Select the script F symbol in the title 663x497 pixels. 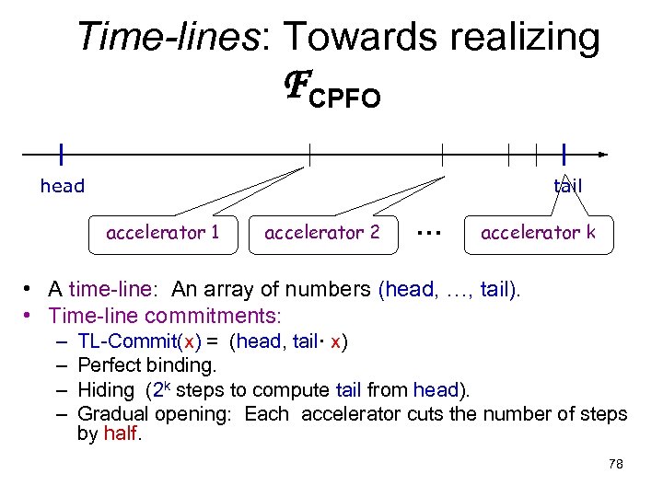(x=293, y=87)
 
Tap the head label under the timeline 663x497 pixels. (x=63, y=186)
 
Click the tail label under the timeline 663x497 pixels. (x=567, y=186)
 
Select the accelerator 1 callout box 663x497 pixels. (x=163, y=232)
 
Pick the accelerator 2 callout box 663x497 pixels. (x=321, y=232)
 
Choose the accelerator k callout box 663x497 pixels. (x=538, y=232)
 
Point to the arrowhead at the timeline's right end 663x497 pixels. (x=602, y=154)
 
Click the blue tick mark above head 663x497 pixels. (x=61, y=154)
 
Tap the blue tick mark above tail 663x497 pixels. (x=563, y=154)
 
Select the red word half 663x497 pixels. (x=121, y=434)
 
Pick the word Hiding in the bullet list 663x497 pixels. (x=106, y=389)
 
